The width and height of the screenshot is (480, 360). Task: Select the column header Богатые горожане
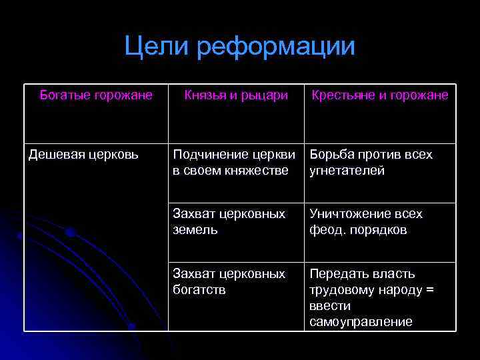[x=96, y=95]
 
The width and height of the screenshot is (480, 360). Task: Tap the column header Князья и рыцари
[x=236, y=95]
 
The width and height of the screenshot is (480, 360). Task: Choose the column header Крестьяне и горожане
[x=380, y=95]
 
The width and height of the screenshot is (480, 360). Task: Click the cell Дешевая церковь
[x=83, y=155]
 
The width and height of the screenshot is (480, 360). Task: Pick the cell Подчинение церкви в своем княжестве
[x=234, y=163]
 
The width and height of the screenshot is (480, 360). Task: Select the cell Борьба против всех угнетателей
[x=371, y=163]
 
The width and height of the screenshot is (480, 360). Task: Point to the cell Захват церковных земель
[x=229, y=222]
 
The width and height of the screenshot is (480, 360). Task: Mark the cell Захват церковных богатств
[x=229, y=282]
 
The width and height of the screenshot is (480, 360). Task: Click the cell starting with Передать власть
[x=371, y=298]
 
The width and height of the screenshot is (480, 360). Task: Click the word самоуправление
[x=361, y=322]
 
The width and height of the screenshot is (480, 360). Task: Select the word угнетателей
[x=347, y=171]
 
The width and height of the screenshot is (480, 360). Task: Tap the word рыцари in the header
[x=267, y=95]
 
